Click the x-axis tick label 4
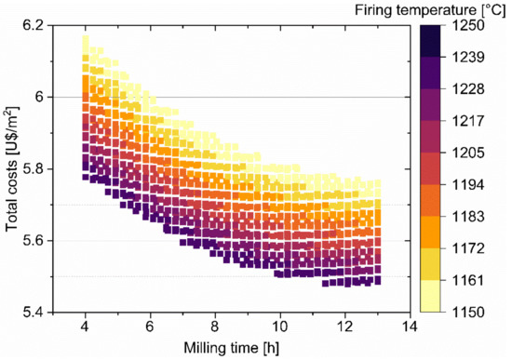pyautogui.click(x=85, y=327)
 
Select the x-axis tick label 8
pyautogui.click(x=215, y=327)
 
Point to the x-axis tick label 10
pyautogui.click(x=279, y=327)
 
